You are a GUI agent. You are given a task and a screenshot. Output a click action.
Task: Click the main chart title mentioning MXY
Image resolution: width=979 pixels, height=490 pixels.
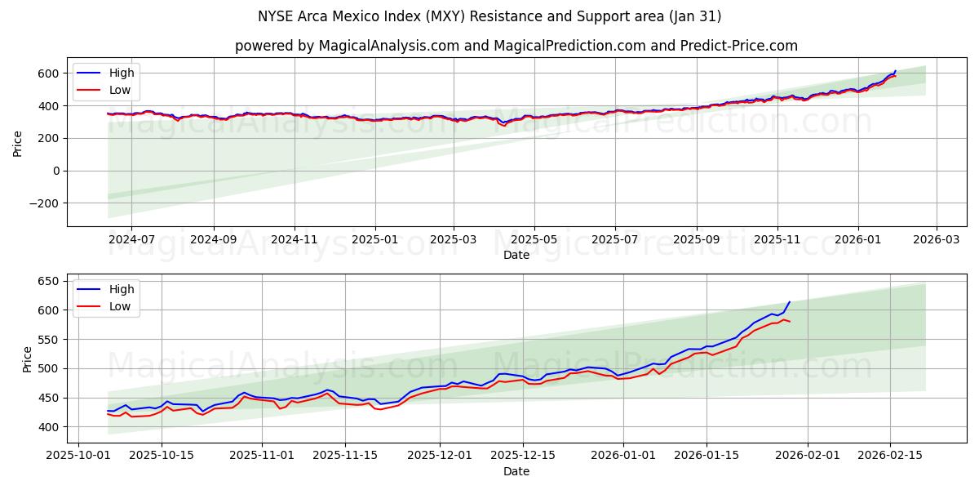tap(489, 16)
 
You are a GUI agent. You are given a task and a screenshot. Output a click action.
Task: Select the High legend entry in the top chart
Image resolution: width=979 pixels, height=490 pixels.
tap(122, 73)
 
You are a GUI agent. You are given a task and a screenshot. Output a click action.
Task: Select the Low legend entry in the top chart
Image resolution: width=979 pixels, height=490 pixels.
tap(120, 90)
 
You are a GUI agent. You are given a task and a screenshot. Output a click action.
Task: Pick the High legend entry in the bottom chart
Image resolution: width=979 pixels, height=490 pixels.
tap(122, 288)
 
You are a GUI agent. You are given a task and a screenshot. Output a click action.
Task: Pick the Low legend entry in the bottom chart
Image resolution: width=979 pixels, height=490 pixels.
tap(120, 306)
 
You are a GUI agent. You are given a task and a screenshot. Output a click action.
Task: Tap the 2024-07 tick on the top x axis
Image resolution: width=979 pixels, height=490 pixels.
tap(131, 240)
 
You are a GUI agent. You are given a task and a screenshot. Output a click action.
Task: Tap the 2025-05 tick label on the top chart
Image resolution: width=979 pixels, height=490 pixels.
tap(534, 240)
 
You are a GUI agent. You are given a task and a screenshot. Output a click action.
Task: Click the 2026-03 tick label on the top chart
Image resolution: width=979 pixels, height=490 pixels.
tap(936, 240)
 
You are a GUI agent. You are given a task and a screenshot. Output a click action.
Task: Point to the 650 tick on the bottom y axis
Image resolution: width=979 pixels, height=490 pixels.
tap(49, 281)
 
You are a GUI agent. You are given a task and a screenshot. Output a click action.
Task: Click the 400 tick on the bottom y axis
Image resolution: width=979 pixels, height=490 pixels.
tap(49, 427)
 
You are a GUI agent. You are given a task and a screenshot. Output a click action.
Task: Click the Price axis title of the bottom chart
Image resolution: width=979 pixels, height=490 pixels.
tap(28, 359)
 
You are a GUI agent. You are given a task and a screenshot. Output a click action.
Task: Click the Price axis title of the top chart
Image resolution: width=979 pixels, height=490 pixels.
tap(18, 143)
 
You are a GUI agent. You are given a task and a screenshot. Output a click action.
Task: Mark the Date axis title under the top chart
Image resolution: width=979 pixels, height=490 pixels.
tap(516, 255)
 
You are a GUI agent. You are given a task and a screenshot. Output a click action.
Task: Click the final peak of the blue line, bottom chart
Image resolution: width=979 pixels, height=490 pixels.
tap(789, 302)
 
